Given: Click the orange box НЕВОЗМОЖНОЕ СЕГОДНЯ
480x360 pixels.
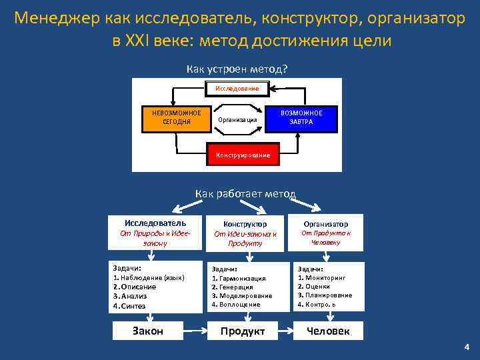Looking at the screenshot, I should (x=176, y=117).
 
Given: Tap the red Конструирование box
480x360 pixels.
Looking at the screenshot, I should (x=243, y=155).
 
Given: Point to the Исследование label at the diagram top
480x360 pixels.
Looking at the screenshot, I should (x=237, y=88).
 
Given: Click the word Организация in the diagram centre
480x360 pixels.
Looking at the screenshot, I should (x=237, y=119).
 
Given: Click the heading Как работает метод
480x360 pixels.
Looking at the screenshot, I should (x=245, y=194).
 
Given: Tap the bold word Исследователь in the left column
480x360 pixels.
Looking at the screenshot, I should (x=155, y=223).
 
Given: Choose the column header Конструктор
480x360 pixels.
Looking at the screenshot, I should (x=245, y=225).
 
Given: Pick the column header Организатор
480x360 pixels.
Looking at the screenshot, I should (x=325, y=224).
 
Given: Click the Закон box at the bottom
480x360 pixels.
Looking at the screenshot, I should (x=148, y=331).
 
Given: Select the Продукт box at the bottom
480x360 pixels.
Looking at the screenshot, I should (x=243, y=331).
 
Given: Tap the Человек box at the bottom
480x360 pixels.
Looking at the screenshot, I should (x=327, y=331).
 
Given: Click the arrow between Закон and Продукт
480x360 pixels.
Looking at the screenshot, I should (x=193, y=331).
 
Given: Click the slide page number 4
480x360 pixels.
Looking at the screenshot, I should (x=467, y=347).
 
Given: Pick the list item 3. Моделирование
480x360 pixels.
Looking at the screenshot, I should (x=242, y=295).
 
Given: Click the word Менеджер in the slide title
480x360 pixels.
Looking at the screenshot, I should (x=57, y=18).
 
